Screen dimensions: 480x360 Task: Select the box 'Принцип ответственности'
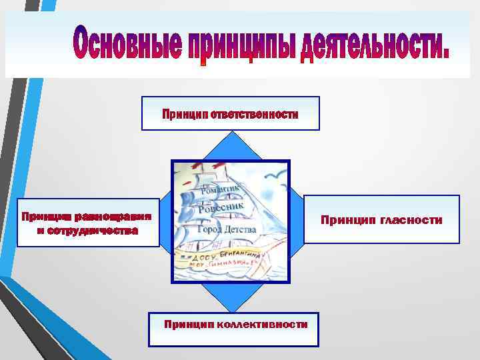tap(230, 113)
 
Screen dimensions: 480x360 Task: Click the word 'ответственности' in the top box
tap(255, 114)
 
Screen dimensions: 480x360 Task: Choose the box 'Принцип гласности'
tap(381, 219)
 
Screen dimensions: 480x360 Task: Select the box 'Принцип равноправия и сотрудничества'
tap(88, 223)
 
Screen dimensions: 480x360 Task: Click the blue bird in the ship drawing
tap(272, 177)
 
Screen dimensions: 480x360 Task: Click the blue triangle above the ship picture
tap(230, 147)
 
